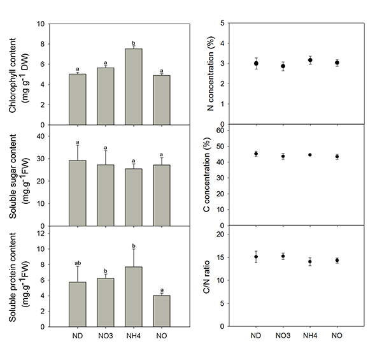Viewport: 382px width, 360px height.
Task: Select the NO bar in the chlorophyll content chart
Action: (163, 100)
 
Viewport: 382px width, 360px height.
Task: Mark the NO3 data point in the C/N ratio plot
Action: (283, 256)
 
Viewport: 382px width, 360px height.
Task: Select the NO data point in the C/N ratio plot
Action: (337, 260)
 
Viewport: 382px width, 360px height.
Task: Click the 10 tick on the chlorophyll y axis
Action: (40, 24)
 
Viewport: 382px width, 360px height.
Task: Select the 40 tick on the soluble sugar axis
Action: (40, 136)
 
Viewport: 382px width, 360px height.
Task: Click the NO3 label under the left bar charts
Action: (105, 336)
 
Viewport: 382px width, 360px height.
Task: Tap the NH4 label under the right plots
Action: (309, 336)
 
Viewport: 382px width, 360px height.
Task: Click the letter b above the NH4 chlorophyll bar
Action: (134, 43)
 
